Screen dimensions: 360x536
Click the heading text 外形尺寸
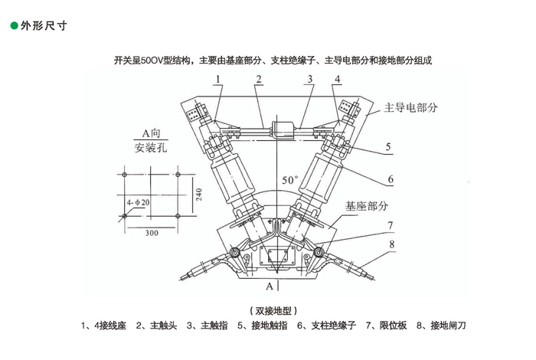tap(44, 25)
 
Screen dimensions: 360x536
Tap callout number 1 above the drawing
tap(217, 80)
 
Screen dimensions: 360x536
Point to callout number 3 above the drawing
tap(310, 80)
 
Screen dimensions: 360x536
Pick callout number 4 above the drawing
tap(337, 80)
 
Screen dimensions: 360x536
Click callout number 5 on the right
tap(388, 146)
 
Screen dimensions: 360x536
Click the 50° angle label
tap(289, 180)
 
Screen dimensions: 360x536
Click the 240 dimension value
tap(198, 194)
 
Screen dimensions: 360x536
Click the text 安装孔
tap(150, 148)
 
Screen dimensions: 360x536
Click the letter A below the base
tap(269, 286)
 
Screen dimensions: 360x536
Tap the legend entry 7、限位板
tap(387, 326)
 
